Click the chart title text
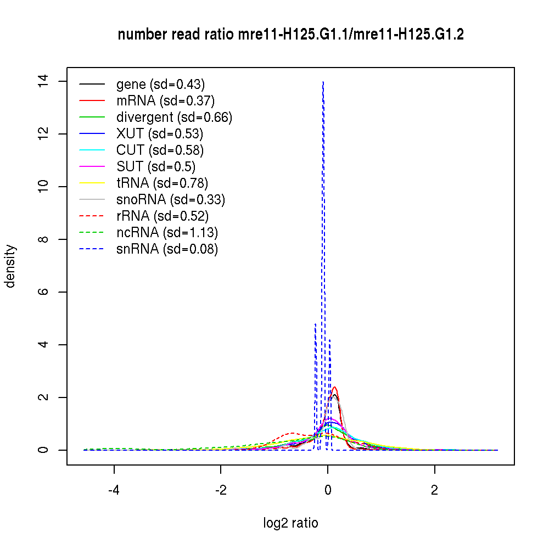pyautogui.click(x=290, y=35)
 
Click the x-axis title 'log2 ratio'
pyautogui.click(x=290, y=523)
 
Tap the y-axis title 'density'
pyautogui.click(x=10, y=266)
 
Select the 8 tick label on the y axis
pyautogui.click(x=47, y=239)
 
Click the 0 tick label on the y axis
pyautogui.click(x=47, y=450)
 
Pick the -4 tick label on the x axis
pyautogui.click(x=114, y=490)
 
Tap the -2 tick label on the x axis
pyautogui.click(x=221, y=490)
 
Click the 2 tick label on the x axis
pyautogui.click(x=435, y=490)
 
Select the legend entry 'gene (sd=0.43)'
pyautogui.click(x=160, y=85)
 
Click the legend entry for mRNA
pyautogui.click(x=165, y=101)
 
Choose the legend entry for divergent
pyautogui.click(x=174, y=117)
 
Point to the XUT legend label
pyautogui.click(x=160, y=134)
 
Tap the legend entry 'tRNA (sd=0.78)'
pyautogui.click(x=162, y=183)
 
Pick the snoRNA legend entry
pyautogui.click(x=171, y=200)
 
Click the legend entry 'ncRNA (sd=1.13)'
pyautogui.click(x=167, y=233)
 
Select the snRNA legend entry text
pyautogui.click(x=167, y=249)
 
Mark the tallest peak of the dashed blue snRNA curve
pyautogui.click(x=323, y=82)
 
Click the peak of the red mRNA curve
pyautogui.click(x=334, y=387)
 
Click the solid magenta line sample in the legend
pyautogui.click(x=92, y=166)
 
